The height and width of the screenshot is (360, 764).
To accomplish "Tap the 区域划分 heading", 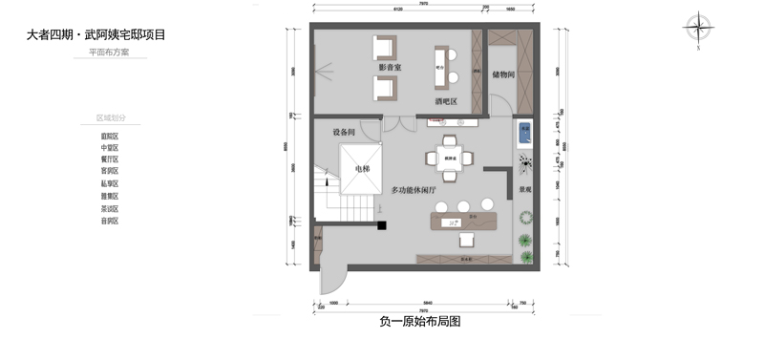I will (x=111, y=117).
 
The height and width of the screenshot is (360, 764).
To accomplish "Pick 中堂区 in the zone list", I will (x=110, y=148).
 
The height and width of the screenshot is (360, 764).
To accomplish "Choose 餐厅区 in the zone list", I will (x=110, y=159).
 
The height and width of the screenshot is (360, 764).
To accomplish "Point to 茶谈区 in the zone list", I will (x=110, y=208).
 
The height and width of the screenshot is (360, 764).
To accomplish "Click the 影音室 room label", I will (x=390, y=68).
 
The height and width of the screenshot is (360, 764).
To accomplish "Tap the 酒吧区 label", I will (x=446, y=99).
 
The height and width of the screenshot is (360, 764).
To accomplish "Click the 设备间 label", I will (x=344, y=132).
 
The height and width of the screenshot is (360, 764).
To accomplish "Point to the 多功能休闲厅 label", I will (x=414, y=191).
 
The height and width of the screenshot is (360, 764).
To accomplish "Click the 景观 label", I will (x=524, y=190).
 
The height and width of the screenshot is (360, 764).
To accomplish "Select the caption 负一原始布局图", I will (x=420, y=322).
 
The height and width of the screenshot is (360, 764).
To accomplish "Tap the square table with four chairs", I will (x=449, y=159).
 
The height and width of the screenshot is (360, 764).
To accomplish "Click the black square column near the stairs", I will (x=380, y=226).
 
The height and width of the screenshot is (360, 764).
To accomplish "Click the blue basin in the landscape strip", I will (x=523, y=132).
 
